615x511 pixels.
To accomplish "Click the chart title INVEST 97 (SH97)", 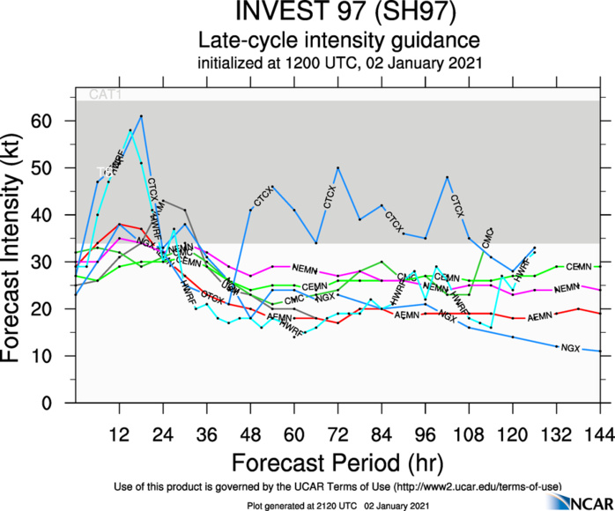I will [x=338, y=14].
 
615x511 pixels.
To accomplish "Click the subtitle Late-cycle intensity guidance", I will [x=338, y=41].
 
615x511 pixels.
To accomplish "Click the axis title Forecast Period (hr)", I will [x=338, y=463].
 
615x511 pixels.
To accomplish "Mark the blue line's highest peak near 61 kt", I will [x=141, y=116].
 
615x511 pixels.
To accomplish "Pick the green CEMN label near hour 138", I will [x=579, y=266].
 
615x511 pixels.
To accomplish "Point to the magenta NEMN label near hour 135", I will [x=567, y=288].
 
